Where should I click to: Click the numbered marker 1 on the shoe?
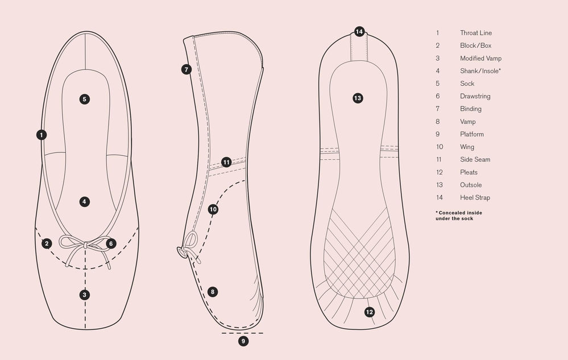pyautogui.click(x=42, y=135)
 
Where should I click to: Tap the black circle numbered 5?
pyautogui.click(x=84, y=99)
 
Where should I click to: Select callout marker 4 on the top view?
pyautogui.click(x=84, y=201)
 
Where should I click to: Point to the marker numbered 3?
pyautogui.click(x=85, y=295)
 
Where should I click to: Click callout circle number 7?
pyautogui.click(x=186, y=69)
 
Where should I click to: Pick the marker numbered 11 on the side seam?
pyautogui.click(x=226, y=162)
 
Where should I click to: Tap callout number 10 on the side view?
pyautogui.click(x=213, y=209)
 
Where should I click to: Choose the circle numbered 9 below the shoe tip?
pyautogui.click(x=243, y=341)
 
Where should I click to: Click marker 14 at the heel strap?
pyautogui.click(x=359, y=32)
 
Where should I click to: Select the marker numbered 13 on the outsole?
pyautogui.click(x=358, y=98)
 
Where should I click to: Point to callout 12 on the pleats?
pyautogui.click(x=370, y=312)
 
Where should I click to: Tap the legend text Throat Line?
pyautogui.click(x=476, y=33)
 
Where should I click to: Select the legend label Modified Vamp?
pyautogui.click(x=480, y=58)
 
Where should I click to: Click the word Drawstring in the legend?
pyautogui.click(x=475, y=96)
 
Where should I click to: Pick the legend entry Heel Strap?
pyautogui.click(x=475, y=197)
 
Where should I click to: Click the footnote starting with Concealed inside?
pyautogui.click(x=459, y=216)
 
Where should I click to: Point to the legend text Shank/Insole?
pyautogui.click(x=480, y=71)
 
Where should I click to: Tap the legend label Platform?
pyautogui.click(x=472, y=134)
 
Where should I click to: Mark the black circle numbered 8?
pyautogui.click(x=213, y=292)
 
